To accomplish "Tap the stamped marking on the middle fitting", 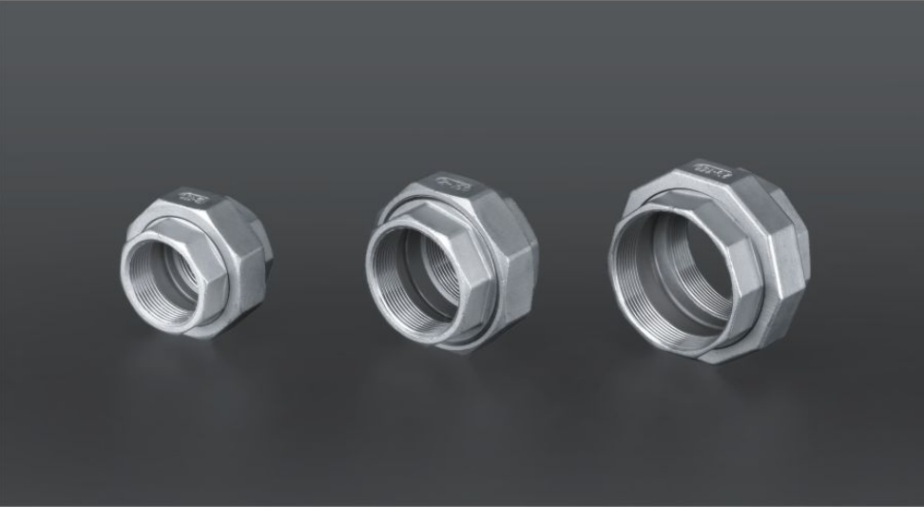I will (x=452, y=184).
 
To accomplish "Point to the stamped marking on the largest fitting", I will (x=711, y=172).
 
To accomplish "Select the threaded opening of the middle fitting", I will (x=414, y=271).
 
